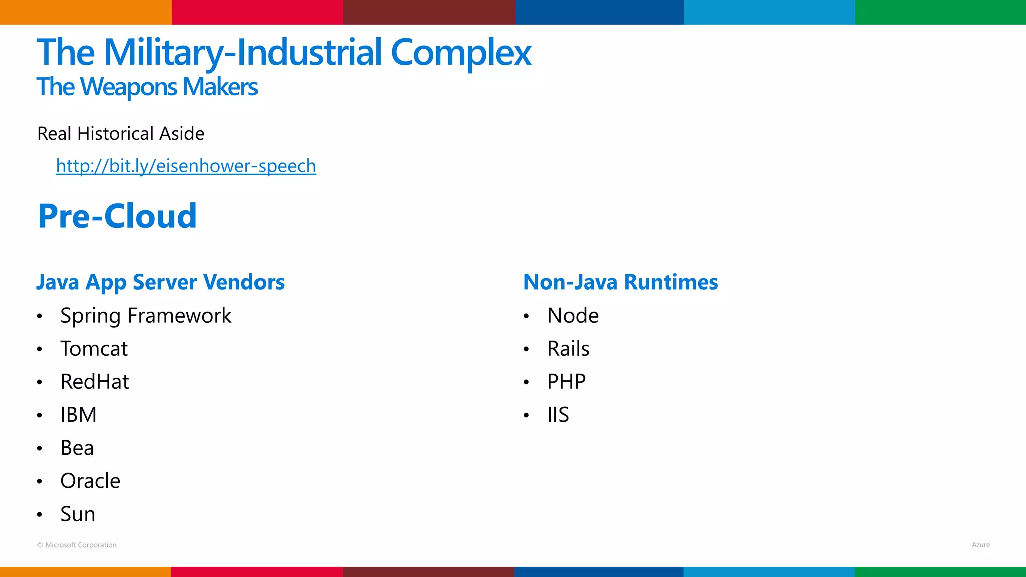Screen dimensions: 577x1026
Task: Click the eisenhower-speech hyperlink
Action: coord(186,166)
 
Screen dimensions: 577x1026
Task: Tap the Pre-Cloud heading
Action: coord(118,216)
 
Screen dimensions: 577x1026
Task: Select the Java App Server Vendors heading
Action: coord(160,282)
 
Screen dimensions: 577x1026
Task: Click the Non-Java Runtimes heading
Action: coord(620,282)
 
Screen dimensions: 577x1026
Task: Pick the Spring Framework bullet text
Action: coord(146,316)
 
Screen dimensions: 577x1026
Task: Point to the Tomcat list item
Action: coord(94,349)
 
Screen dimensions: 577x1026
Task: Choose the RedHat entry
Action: coord(95,382)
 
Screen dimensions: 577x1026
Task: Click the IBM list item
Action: coord(78,415)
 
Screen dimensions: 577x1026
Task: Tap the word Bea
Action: coord(77,448)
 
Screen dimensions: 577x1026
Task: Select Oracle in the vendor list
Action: coord(90,481)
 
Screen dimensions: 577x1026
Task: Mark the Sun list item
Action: coord(78,514)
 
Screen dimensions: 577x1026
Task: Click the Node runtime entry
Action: coord(573,316)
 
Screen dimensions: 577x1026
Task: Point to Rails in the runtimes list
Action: coord(568,349)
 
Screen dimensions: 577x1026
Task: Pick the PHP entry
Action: coord(566,382)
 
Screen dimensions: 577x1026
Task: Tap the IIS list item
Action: coord(558,415)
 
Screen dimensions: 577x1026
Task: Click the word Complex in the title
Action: coord(460,52)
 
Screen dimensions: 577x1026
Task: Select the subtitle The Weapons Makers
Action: coord(147,87)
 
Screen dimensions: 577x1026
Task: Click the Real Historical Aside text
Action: coord(121,134)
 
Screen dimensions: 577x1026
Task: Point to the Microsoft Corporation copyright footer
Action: coord(77,545)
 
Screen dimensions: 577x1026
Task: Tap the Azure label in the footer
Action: coord(980,545)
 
